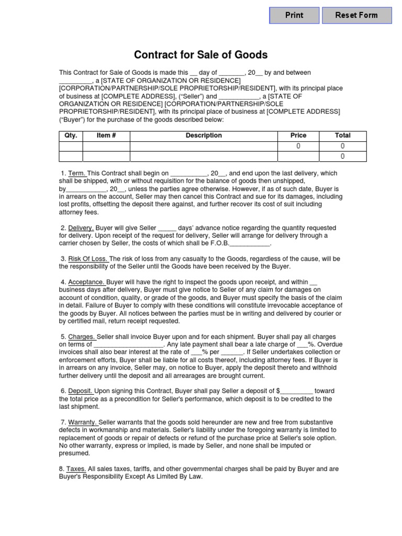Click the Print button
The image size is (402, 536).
[x=294, y=15]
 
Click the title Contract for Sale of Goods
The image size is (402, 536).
[x=201, y=54]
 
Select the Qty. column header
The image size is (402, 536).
[x=71, y=136]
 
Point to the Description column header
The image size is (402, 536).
[x=204, y=136]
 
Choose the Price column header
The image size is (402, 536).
[x=298, y=136]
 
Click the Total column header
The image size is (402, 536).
[x=342, y=136]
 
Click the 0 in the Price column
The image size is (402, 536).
[x=298, y=146]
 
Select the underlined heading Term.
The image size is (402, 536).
[x=76, y=173]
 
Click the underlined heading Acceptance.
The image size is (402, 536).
[x=86, y=282]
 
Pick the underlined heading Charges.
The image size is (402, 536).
[x=82, y=337]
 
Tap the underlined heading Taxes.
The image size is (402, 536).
[x=76, y=469]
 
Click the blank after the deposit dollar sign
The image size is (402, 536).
[x=297, y=392]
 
